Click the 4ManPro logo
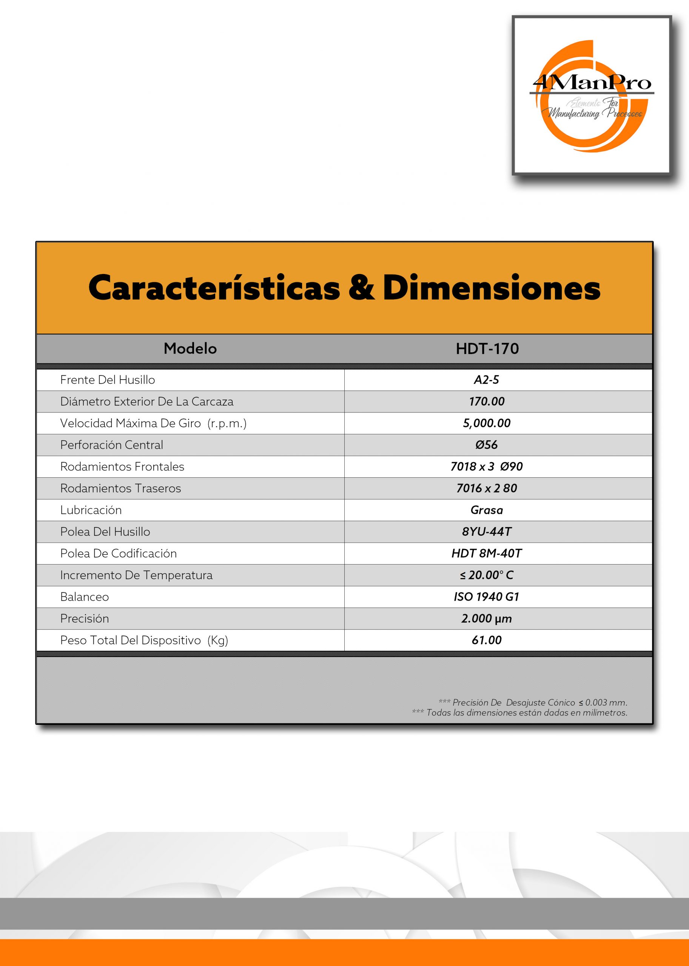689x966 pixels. pos(592,95)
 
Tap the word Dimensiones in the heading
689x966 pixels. pos(491,288)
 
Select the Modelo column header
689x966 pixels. pos(190,349)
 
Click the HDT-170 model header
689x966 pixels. pos(487,349)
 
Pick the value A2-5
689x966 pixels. pos(486,380)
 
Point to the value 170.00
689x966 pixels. pos(487,401)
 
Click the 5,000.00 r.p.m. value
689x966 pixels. pos(487,423)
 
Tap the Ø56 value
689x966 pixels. pos(486,445)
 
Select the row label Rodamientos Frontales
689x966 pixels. pos(122,467)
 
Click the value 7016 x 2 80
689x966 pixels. pos(487,489)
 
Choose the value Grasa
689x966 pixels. pos(487,510)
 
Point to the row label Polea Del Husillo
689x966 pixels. pos(105,532)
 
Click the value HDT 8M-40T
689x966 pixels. pos(487,554)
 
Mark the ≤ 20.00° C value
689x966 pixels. pos(487,575)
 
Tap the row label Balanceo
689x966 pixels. pos(85,597)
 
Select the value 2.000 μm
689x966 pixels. pos(487,619)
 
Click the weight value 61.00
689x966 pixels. pos(487,640)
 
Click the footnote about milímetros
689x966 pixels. pos(520,713)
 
